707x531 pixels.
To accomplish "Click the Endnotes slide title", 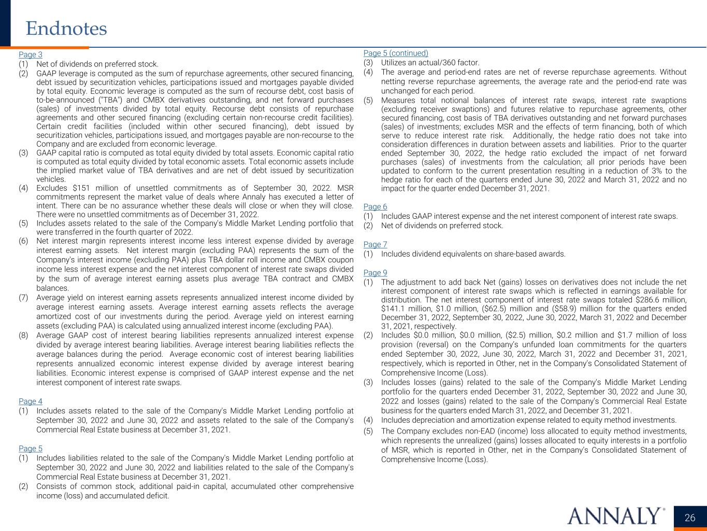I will click(x=66, y=29).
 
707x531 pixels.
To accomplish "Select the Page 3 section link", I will click(x=31, y=54).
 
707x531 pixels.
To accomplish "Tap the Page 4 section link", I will click(x=31, y=401).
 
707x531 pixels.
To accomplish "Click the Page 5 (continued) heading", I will click(x=396, y=53).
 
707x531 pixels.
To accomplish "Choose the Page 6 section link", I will click(x=375, y=206).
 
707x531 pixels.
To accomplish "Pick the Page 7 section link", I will click(x=375, y=244).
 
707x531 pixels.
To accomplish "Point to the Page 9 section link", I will click(x=375, y=273).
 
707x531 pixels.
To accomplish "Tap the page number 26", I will click(x=690, y=518).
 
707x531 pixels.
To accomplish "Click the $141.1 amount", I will click(x=393, y=309).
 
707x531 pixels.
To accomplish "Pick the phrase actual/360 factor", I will click(x=446, y=62).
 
